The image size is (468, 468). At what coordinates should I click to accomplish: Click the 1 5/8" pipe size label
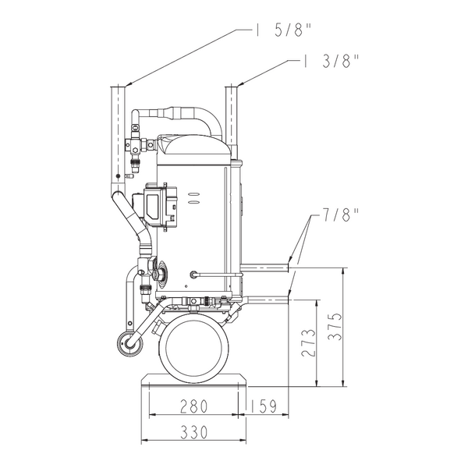click(282, 30)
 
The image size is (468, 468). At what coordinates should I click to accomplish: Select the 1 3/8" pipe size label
click(330, 61)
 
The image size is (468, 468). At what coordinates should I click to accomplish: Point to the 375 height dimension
click(335, 327)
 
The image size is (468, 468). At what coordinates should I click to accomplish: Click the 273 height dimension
click(308, 342)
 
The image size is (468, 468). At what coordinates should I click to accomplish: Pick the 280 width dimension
click(193, 406)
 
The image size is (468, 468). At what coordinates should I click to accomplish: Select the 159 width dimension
click(263, 406)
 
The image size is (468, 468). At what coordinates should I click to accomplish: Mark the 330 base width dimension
click(193, 432)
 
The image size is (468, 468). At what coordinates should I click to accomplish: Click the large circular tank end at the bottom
click(194, 348)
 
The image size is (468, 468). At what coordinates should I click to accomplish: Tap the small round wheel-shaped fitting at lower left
click(129, 344)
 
